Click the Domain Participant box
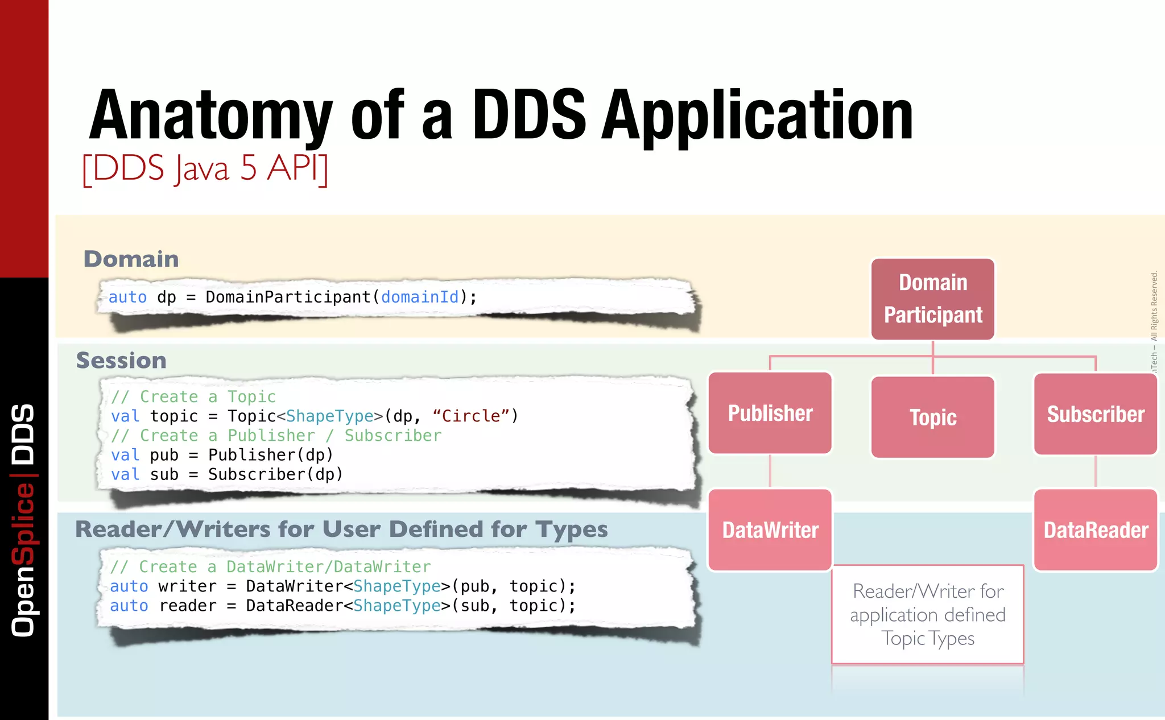coord(933,299)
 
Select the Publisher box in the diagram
coord(770,413)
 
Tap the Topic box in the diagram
coord(933,417)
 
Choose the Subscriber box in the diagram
coord(1096,414)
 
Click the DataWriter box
coord(770,530)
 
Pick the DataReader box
coord(1096,530)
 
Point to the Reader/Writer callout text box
coord(928,615)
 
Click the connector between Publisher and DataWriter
coord(770,471)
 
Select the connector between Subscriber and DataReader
coord(1096,471)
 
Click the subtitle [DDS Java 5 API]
coord(205,168)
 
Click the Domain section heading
coord(131,259)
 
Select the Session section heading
coord(121,361)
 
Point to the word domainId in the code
coord(420,297)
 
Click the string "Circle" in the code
coord(470,416)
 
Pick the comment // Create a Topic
coord(193,396)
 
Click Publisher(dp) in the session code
coord(270,455)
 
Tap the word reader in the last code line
coord(188,606)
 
